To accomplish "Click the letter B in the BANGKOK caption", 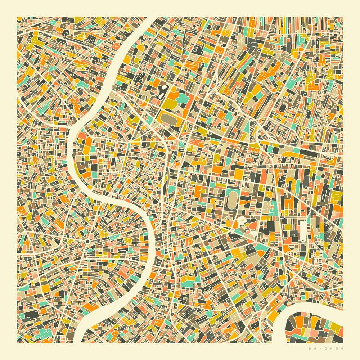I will [310, 348].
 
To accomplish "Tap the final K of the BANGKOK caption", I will [342, 348].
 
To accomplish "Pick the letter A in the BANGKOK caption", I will [315, 348].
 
